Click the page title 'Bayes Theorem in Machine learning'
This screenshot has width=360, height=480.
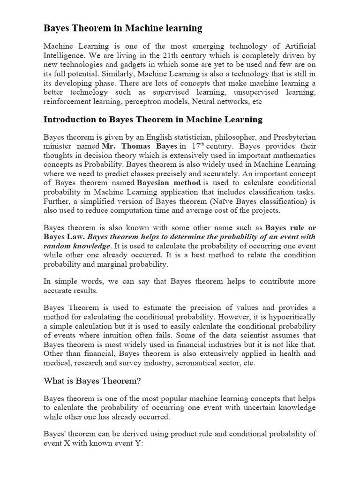pos(123,29)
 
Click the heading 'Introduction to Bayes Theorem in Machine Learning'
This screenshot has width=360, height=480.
pos(153,120)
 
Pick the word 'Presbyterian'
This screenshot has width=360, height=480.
pos(294,137)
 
